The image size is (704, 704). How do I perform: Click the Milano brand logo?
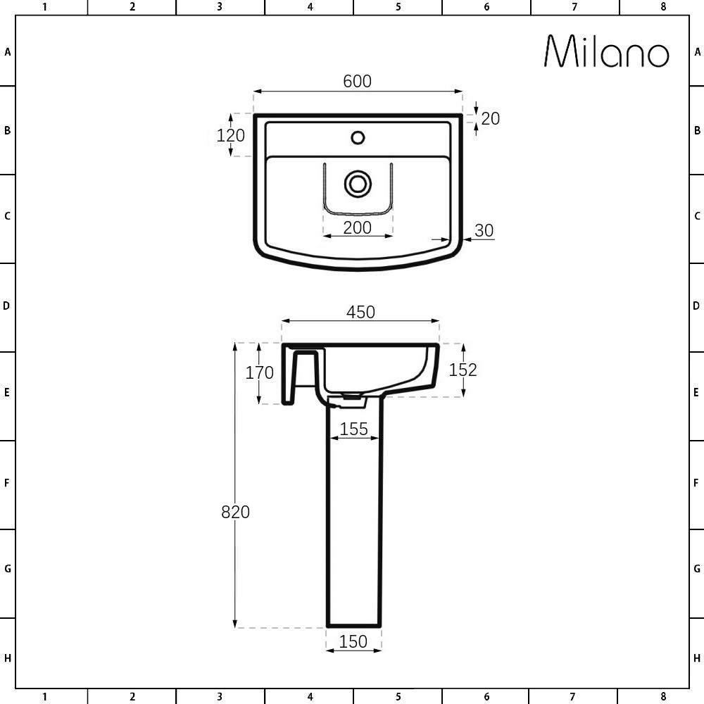[x=607, y=51]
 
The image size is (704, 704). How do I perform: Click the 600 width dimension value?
[x=357, y=82]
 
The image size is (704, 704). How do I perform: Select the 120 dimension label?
[x=230, y=135]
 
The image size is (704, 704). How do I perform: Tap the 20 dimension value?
[x=490, y=118]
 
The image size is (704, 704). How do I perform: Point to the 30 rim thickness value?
[x=484, y=230]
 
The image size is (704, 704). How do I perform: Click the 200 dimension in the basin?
[x=357, y=227]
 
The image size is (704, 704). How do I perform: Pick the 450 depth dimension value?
[x=360, y=312]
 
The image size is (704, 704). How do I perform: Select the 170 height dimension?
[x=259, y=372]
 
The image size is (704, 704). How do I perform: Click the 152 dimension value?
[x=463, y=370]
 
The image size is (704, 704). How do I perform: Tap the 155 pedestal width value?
[x=354, y=429]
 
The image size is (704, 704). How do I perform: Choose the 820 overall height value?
[x=235, y=512]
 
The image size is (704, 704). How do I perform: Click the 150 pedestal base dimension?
[x=353, y=641]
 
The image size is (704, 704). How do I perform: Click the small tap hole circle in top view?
[x=358, y=137]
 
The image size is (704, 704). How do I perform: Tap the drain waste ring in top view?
[x=358, y=184]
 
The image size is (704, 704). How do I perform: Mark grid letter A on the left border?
[x=7, y=52]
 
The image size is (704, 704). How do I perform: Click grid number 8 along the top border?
[x=663, y=7]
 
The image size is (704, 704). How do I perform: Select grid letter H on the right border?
[x=697, y=659]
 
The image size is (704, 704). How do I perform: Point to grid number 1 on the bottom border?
[x=44, y=697]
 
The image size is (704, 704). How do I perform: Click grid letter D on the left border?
[x=7, y=306]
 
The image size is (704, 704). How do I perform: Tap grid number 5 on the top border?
[x=398, y=7]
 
